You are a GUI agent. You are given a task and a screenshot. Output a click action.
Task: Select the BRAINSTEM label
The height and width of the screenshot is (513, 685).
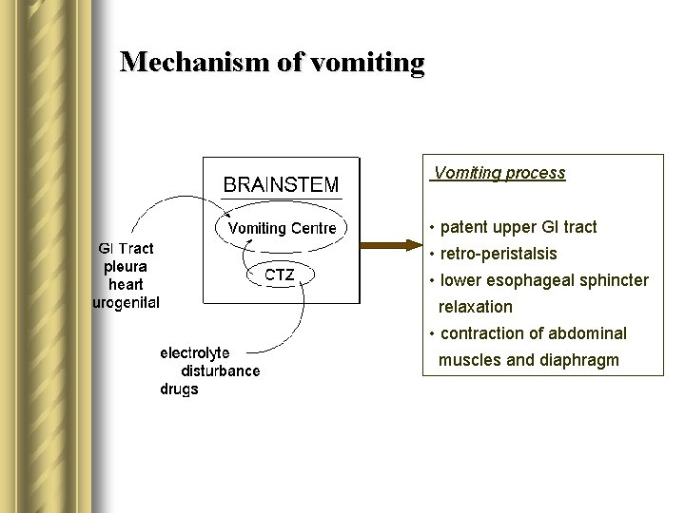coord(280,184)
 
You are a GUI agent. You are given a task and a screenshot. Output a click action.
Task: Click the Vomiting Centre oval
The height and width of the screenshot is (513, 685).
coord(282,228)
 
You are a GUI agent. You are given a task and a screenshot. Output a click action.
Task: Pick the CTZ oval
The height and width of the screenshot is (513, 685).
coord(280,275)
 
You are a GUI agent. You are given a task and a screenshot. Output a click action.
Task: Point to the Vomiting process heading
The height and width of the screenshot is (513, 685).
coord(499,173)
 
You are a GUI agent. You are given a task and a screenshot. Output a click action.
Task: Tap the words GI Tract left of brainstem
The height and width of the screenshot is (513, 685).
coord(127,249)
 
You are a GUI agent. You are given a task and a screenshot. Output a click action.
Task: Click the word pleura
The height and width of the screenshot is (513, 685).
coord(126,267)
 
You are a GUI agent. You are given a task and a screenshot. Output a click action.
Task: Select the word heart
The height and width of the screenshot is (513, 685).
coord(126,285)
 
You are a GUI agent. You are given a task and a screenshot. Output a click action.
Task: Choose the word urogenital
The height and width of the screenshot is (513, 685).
coord(126,303)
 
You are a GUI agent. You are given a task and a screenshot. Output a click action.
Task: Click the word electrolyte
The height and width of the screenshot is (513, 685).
coord(194,353)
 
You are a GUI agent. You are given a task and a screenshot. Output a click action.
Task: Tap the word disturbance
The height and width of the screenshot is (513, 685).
coord(221,370)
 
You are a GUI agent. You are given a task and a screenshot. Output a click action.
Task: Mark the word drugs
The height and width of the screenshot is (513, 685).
coord(179,389)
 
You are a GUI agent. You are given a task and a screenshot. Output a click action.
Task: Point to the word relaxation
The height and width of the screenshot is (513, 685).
coord(475,307)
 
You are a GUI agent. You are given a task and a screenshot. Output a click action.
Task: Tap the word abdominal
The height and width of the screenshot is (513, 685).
coord(590,333)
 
